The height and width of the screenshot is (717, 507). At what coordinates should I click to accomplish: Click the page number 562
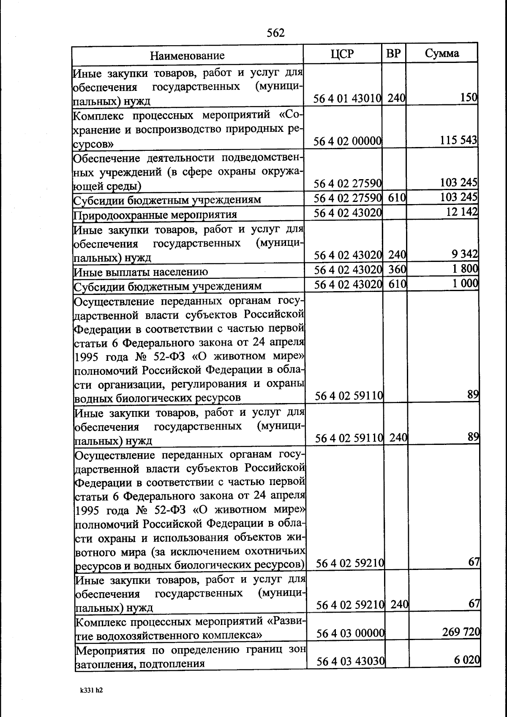tap(276, 33)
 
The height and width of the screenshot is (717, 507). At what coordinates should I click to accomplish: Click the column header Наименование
tap(187, 55)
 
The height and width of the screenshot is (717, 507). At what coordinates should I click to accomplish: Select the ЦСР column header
tap(342, 54)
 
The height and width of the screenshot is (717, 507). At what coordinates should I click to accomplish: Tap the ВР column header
tap(393, 54)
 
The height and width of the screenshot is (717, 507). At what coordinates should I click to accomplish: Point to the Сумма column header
tap(442, 53)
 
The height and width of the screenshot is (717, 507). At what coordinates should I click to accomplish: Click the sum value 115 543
tap(458, 140)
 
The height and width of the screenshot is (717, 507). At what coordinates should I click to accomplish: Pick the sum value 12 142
tap(462, 212)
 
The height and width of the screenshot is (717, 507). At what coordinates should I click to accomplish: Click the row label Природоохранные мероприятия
tap(155, 215)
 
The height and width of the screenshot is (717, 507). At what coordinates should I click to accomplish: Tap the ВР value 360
tap(397, 269)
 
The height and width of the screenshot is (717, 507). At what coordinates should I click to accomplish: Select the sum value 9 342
tap(464, 254)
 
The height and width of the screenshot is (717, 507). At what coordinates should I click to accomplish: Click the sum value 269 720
tap(461, 632)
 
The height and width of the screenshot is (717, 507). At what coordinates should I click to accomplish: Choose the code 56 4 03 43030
tap(350, 661)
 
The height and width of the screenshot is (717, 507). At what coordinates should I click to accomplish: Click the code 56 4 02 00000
tap(348, 141)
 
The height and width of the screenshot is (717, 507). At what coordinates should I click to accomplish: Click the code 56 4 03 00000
tap(350, 633)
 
